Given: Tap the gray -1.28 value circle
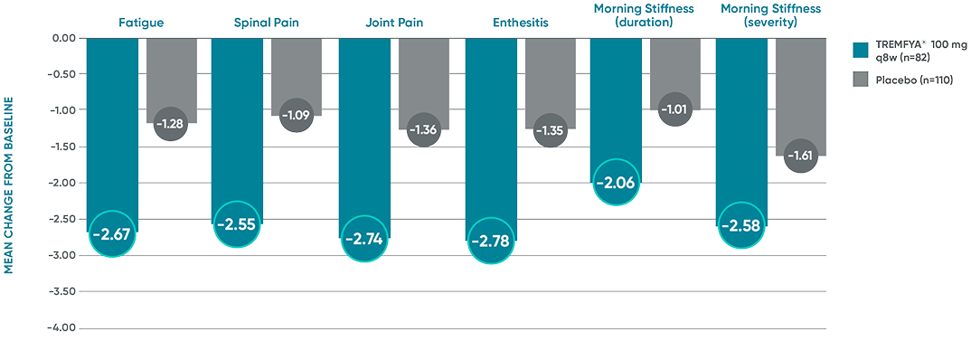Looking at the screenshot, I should (x=172, y=123).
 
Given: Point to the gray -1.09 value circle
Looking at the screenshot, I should (x=297, y=115).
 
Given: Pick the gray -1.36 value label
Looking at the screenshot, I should (x=424, y=129).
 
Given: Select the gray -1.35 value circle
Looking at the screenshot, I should (x=551, y=130).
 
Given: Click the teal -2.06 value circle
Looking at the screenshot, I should (x=616, y=184).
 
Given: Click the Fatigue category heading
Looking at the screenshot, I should (x=140, y=22).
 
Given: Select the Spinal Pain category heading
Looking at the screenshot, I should (x=266, y=22).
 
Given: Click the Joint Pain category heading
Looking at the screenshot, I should (x=393, y=22).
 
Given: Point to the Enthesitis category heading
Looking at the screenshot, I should (x=520, y=22).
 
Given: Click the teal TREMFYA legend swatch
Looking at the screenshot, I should (x=862, y=49).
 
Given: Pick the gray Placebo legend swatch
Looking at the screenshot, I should (x=862, y=81).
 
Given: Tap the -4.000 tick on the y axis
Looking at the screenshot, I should (x=63, y=327).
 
